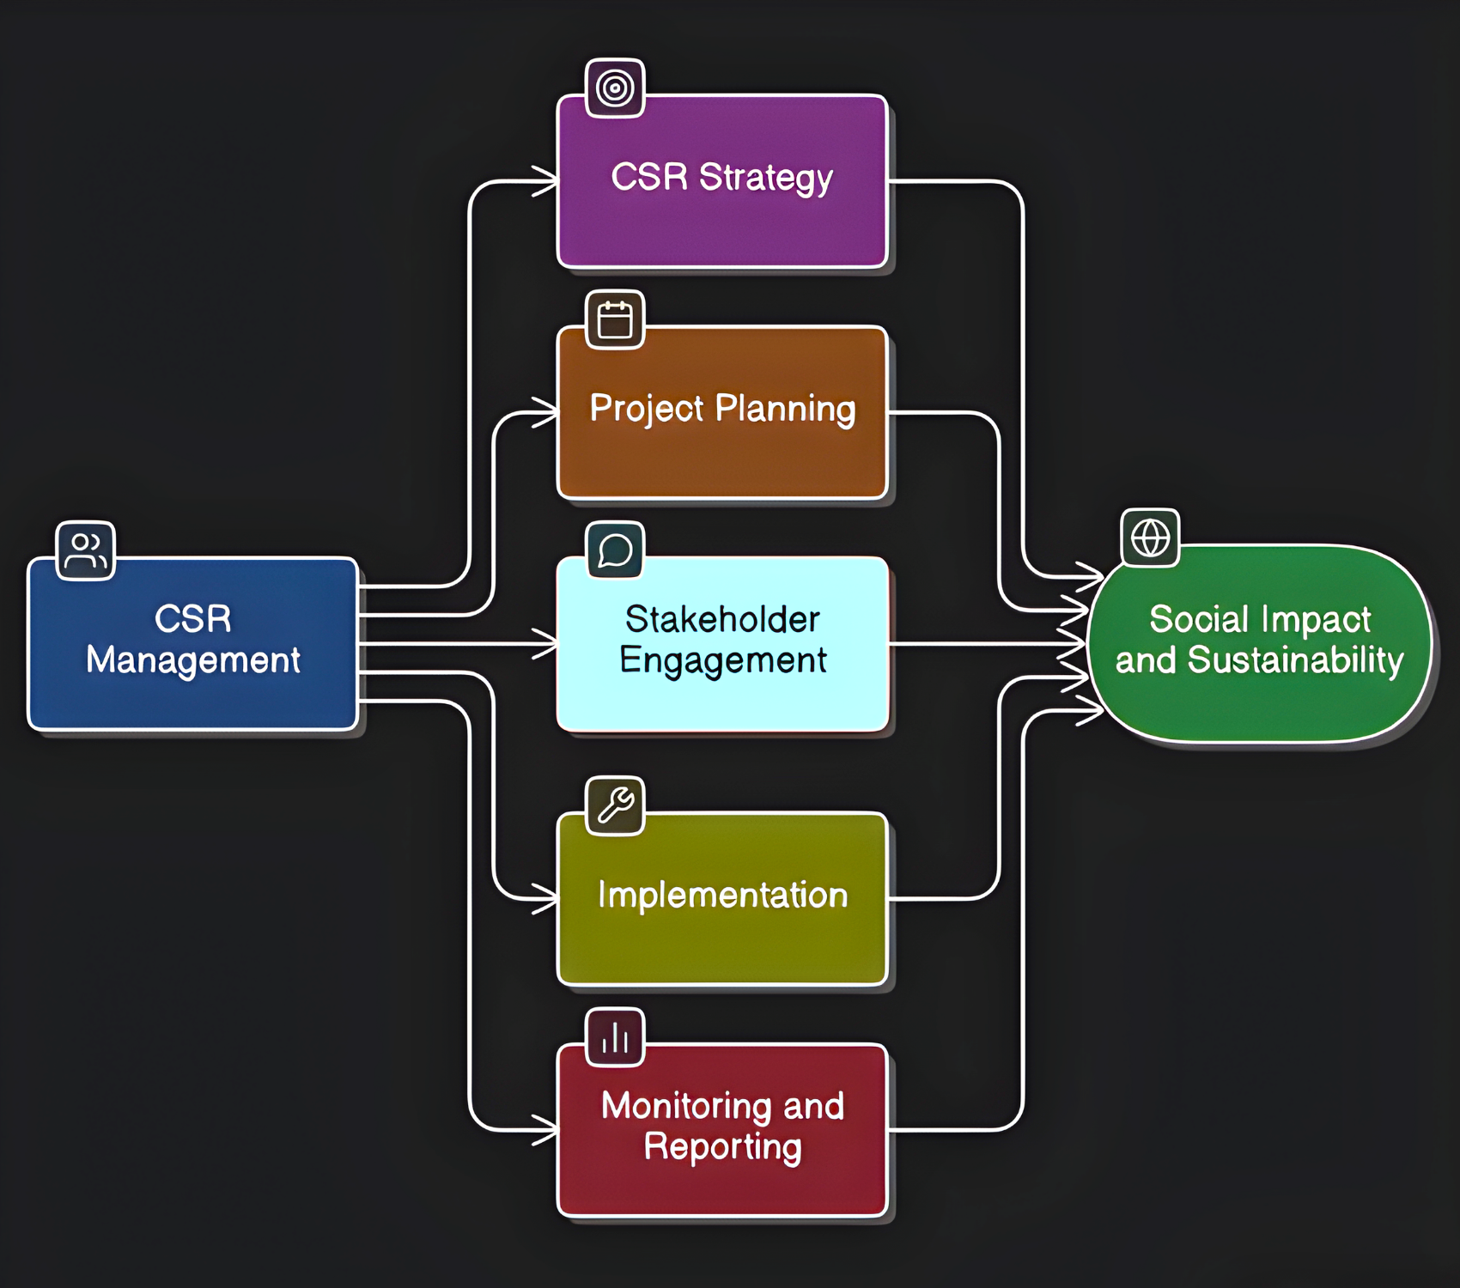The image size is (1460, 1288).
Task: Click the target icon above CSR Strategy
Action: point(615,88)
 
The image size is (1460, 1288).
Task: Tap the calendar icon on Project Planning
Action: point(615,320)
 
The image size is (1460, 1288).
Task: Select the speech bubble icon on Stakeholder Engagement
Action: point(615,550)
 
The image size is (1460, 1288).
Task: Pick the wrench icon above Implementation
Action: point(615,805)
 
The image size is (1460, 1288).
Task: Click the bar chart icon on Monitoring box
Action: point(615,1037)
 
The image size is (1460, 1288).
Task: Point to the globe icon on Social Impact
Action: point(1150,538)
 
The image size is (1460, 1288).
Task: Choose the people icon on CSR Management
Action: point(85,550)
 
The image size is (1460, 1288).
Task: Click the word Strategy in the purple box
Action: point(765,179)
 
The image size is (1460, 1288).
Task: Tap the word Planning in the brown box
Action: point(785,410)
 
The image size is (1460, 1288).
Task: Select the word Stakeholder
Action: point(722,619)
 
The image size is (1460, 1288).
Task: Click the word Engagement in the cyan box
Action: point(722,660)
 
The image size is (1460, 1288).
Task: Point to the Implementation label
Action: point(722,895)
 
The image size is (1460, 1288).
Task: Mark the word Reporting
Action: point(722,1147)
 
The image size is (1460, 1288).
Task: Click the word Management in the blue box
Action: point(193,660)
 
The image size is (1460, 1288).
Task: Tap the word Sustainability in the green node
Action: point(1295,660)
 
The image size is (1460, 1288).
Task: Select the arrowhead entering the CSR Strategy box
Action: point(546,181)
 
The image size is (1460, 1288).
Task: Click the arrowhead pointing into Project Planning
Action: point(546,412)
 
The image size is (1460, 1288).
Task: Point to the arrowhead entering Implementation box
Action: point(546,899)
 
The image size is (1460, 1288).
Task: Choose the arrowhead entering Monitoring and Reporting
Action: point(546,1130)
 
